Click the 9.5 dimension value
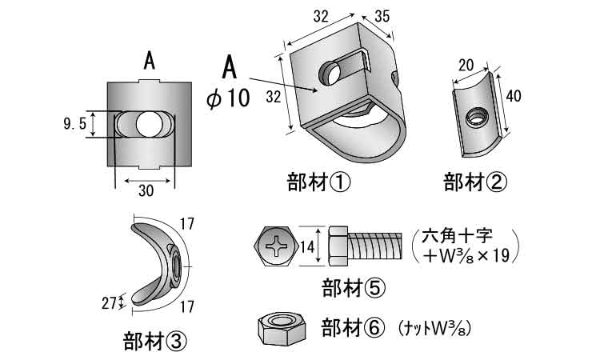coord(74,124)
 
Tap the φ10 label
coord(229,98)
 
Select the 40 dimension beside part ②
coord(514,96)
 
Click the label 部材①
coord(318,183)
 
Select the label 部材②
coord(476,183)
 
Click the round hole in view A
coord(146,124)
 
